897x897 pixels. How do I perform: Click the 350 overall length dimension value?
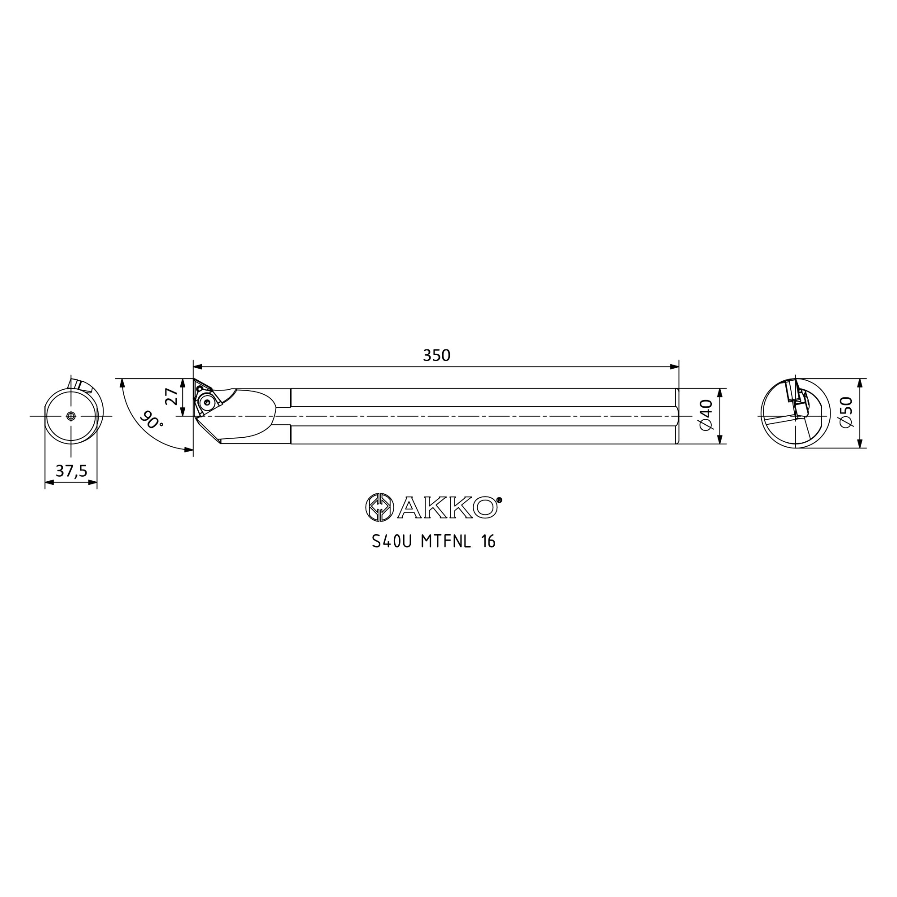[436, 355]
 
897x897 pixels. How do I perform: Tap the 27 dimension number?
[171, 397]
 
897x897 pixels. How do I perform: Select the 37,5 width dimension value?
[71, 471]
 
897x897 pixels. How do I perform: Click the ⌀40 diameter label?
[705, 414]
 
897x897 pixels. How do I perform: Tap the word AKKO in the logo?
[448, 507]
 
